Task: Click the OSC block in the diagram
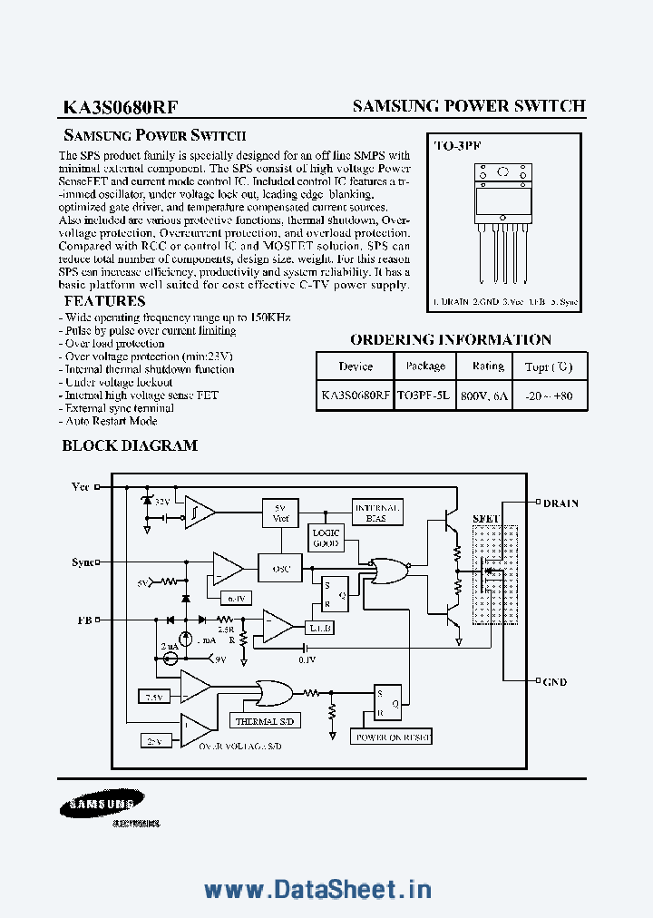(x=280, y=569)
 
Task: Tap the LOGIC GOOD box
(x=326, y=538)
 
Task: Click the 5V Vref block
(x=280, y=513)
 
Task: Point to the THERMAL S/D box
(x=265, y=721)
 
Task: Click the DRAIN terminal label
(x=560, y=503)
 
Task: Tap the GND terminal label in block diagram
(x=554, y=681)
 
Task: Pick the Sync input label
(x=83, y=562)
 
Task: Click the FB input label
(x=83, y=620)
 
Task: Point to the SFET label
(x=486, y=518)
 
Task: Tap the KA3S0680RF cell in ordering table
(x=355, y=396)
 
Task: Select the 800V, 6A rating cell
(x=488, y=396)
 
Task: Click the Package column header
(x=425, y=366)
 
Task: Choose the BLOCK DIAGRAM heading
(x=129, y=445)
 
